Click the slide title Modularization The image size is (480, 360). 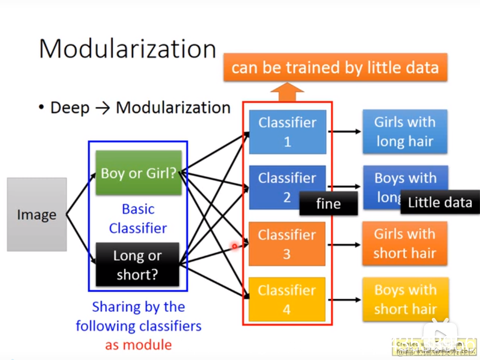pos(127,49)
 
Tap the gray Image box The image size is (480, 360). pos(37,214)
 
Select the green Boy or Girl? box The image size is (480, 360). pos(139,173)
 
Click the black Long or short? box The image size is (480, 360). pos(137,265)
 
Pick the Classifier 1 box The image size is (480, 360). pos(287,132)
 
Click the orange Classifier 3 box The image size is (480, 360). pos(287,244)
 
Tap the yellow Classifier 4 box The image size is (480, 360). pos(287,300)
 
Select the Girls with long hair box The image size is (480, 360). pos(405,132)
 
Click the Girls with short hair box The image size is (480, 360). pos(405,244)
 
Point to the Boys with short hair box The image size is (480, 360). pos(405,300)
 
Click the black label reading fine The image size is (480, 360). pos(328,203)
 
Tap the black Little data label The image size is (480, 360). pos(440,202)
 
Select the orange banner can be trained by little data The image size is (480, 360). pos(335,67)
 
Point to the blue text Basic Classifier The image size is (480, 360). pos(138,218)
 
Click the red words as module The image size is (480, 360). pos(138,345)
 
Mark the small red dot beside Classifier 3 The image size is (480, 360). pos(234,246)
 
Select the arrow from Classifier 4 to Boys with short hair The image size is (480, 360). pos(346,300)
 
